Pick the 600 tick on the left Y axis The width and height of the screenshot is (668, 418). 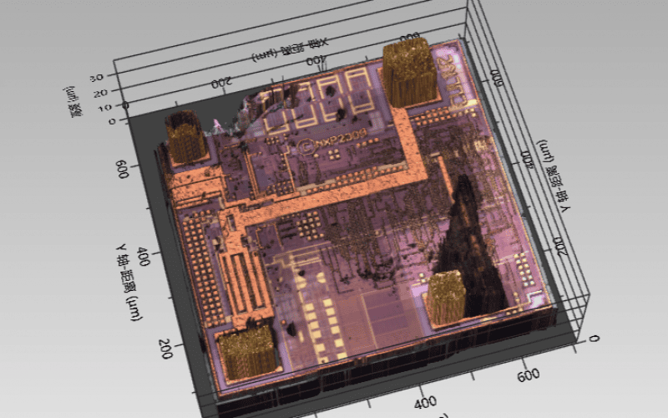tap(123, 169)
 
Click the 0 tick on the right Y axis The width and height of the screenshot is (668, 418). tap(594, 338)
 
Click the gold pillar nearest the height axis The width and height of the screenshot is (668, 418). tap(186, 136)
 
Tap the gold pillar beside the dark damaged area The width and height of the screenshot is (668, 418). tap(447, 297)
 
